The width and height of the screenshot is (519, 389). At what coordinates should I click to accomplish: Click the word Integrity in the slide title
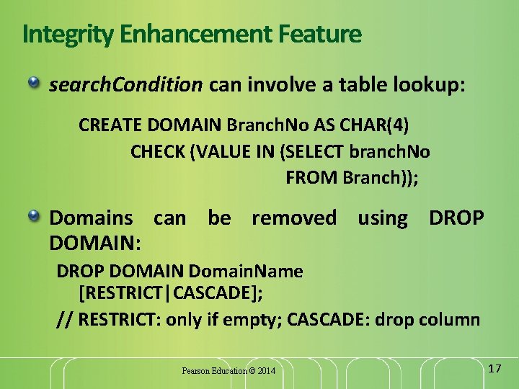[x=64, y=34]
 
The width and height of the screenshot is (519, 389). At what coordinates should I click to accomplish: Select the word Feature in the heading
[x=316, y=34]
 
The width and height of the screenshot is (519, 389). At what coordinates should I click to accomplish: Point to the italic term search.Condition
[x=125, y=86]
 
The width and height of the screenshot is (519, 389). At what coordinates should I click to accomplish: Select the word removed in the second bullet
[x=293, y=218]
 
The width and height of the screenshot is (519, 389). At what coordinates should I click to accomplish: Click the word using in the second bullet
[x=382, y=218]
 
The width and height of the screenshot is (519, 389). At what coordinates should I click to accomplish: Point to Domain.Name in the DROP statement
[x=245, y=272]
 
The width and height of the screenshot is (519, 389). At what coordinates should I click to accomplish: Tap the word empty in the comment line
[x=254, y=319]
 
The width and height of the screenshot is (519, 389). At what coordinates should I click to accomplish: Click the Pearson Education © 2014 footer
[x=229, y=371]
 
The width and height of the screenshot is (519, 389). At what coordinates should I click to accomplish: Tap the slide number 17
[x=494, y=368]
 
